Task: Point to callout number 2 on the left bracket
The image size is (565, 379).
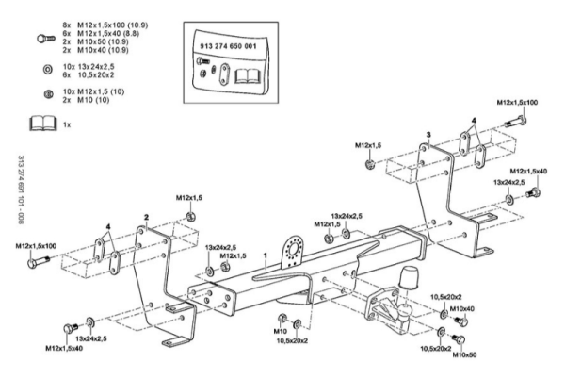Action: (x=147, y=217)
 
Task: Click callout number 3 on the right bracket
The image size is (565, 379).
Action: (x=428, y=135)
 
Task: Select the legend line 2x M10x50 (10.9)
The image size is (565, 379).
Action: (x=96, y=40)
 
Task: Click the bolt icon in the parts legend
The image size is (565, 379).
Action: (x=41, y=40)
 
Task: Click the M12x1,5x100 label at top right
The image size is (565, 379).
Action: (x=517, y=101)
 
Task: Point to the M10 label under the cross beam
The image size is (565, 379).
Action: (x=280, y=332)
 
